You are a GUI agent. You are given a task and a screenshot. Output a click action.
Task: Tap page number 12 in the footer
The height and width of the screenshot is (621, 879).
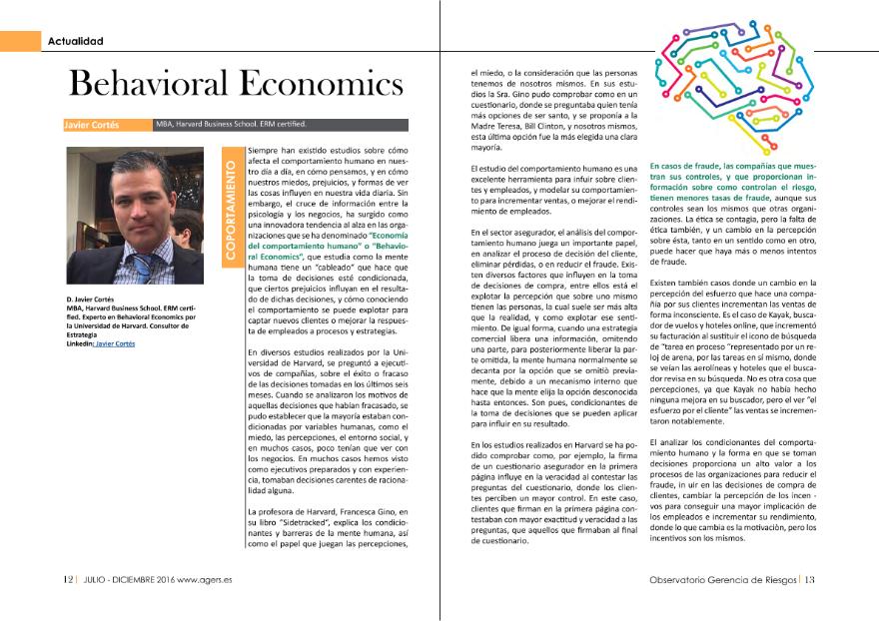(67, 579)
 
